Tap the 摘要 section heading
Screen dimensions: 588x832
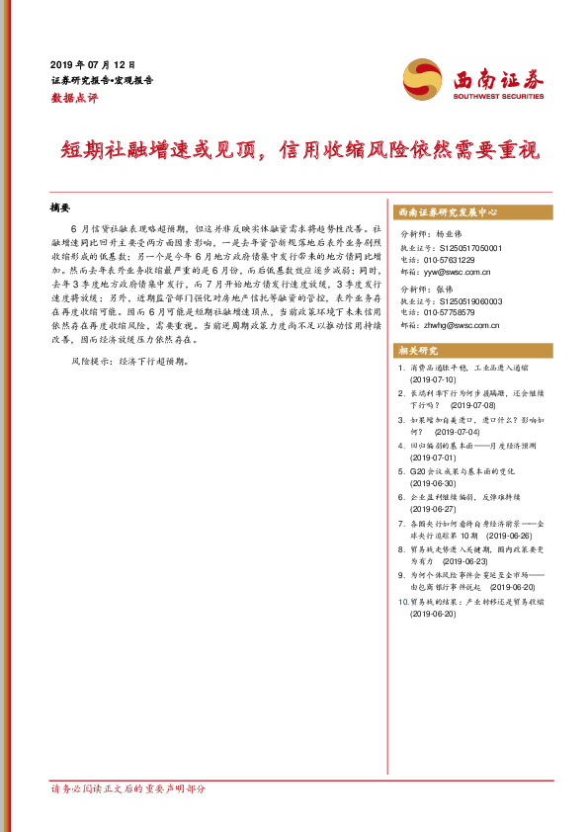click(x=60, y=208)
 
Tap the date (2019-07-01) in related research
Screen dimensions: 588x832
click(x=434, y=458)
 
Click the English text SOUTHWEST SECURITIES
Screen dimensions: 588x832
click(x=498, y=97)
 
